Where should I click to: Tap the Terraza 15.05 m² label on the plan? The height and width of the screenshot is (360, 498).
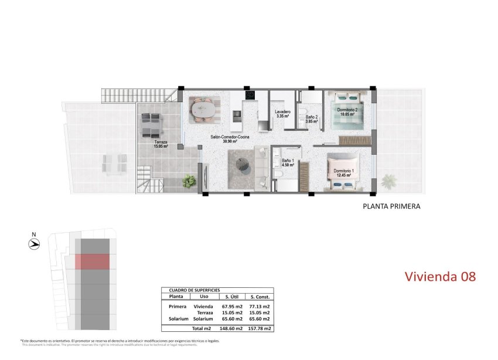pos(161,144)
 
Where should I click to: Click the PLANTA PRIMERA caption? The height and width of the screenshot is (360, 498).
pos(391,206)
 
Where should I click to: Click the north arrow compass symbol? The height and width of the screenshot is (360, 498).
pos(34,246)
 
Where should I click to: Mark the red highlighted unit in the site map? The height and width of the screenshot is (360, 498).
pos(93,261)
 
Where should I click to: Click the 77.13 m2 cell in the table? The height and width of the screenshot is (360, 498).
pos(258,307)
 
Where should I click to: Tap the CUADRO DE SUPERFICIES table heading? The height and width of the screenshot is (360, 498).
pos(194,290)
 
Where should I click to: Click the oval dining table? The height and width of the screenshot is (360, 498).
pos(204,108)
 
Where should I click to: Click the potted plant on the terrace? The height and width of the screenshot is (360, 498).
pos(189,182)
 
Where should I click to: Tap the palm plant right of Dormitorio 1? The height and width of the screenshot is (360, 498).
pos(388,181)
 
